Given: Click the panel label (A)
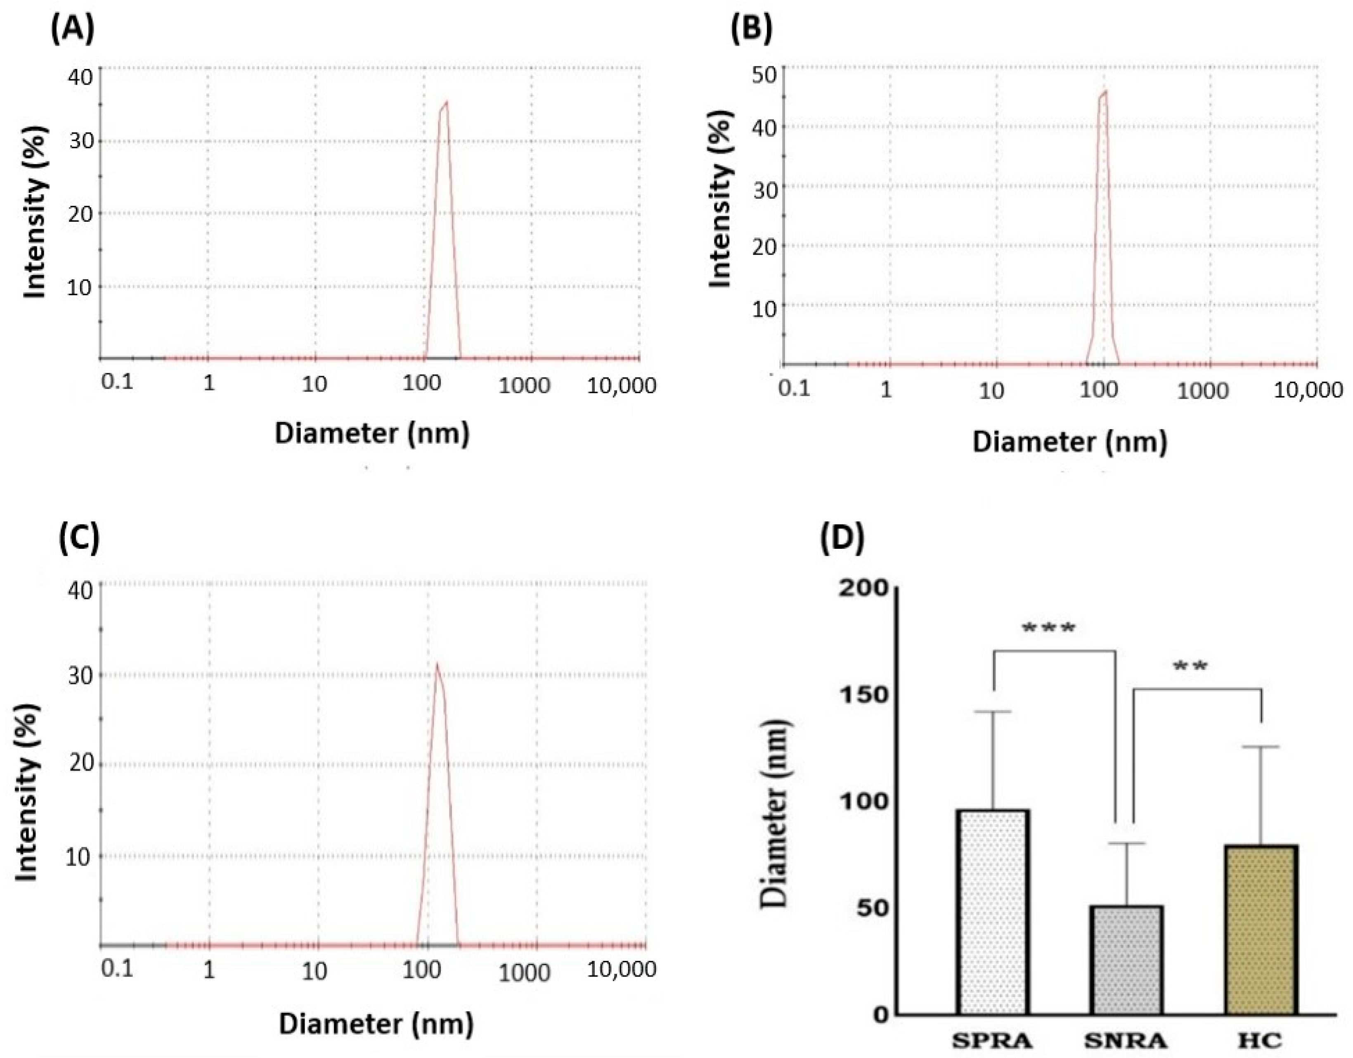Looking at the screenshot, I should [73, 29].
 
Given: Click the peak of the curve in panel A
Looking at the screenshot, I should [446, 102].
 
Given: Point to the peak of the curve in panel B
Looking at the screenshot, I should [1105, 92].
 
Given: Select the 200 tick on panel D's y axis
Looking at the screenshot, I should [863, 588].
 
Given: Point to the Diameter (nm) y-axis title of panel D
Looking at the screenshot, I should [774, 813].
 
